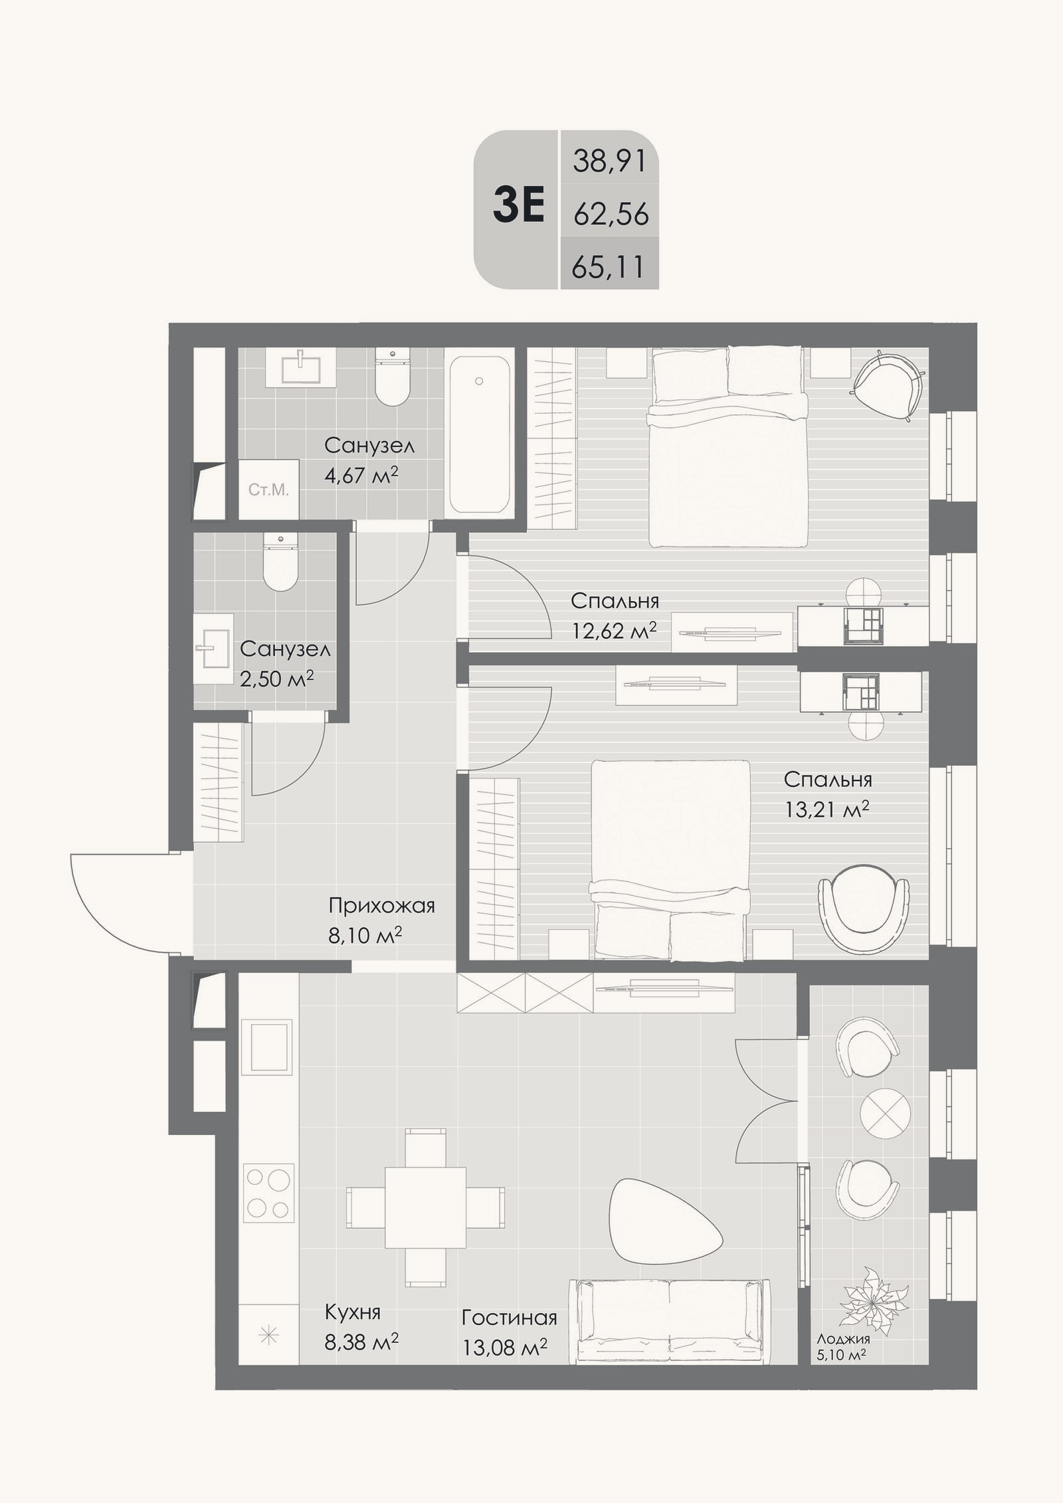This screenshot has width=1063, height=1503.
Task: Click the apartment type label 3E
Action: pos(519,207)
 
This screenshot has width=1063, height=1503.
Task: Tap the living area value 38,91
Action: pos(609,161)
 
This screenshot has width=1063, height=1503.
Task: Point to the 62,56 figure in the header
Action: pos(611,215)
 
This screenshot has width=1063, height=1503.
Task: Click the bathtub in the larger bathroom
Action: pos(479,435)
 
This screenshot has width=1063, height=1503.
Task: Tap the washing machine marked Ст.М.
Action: pos(268,490)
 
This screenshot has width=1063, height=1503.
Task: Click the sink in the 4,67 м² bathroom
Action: pos(302,367)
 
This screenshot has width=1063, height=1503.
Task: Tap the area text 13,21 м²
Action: pos(826,809)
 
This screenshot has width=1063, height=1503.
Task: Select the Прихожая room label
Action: pos(381,906)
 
